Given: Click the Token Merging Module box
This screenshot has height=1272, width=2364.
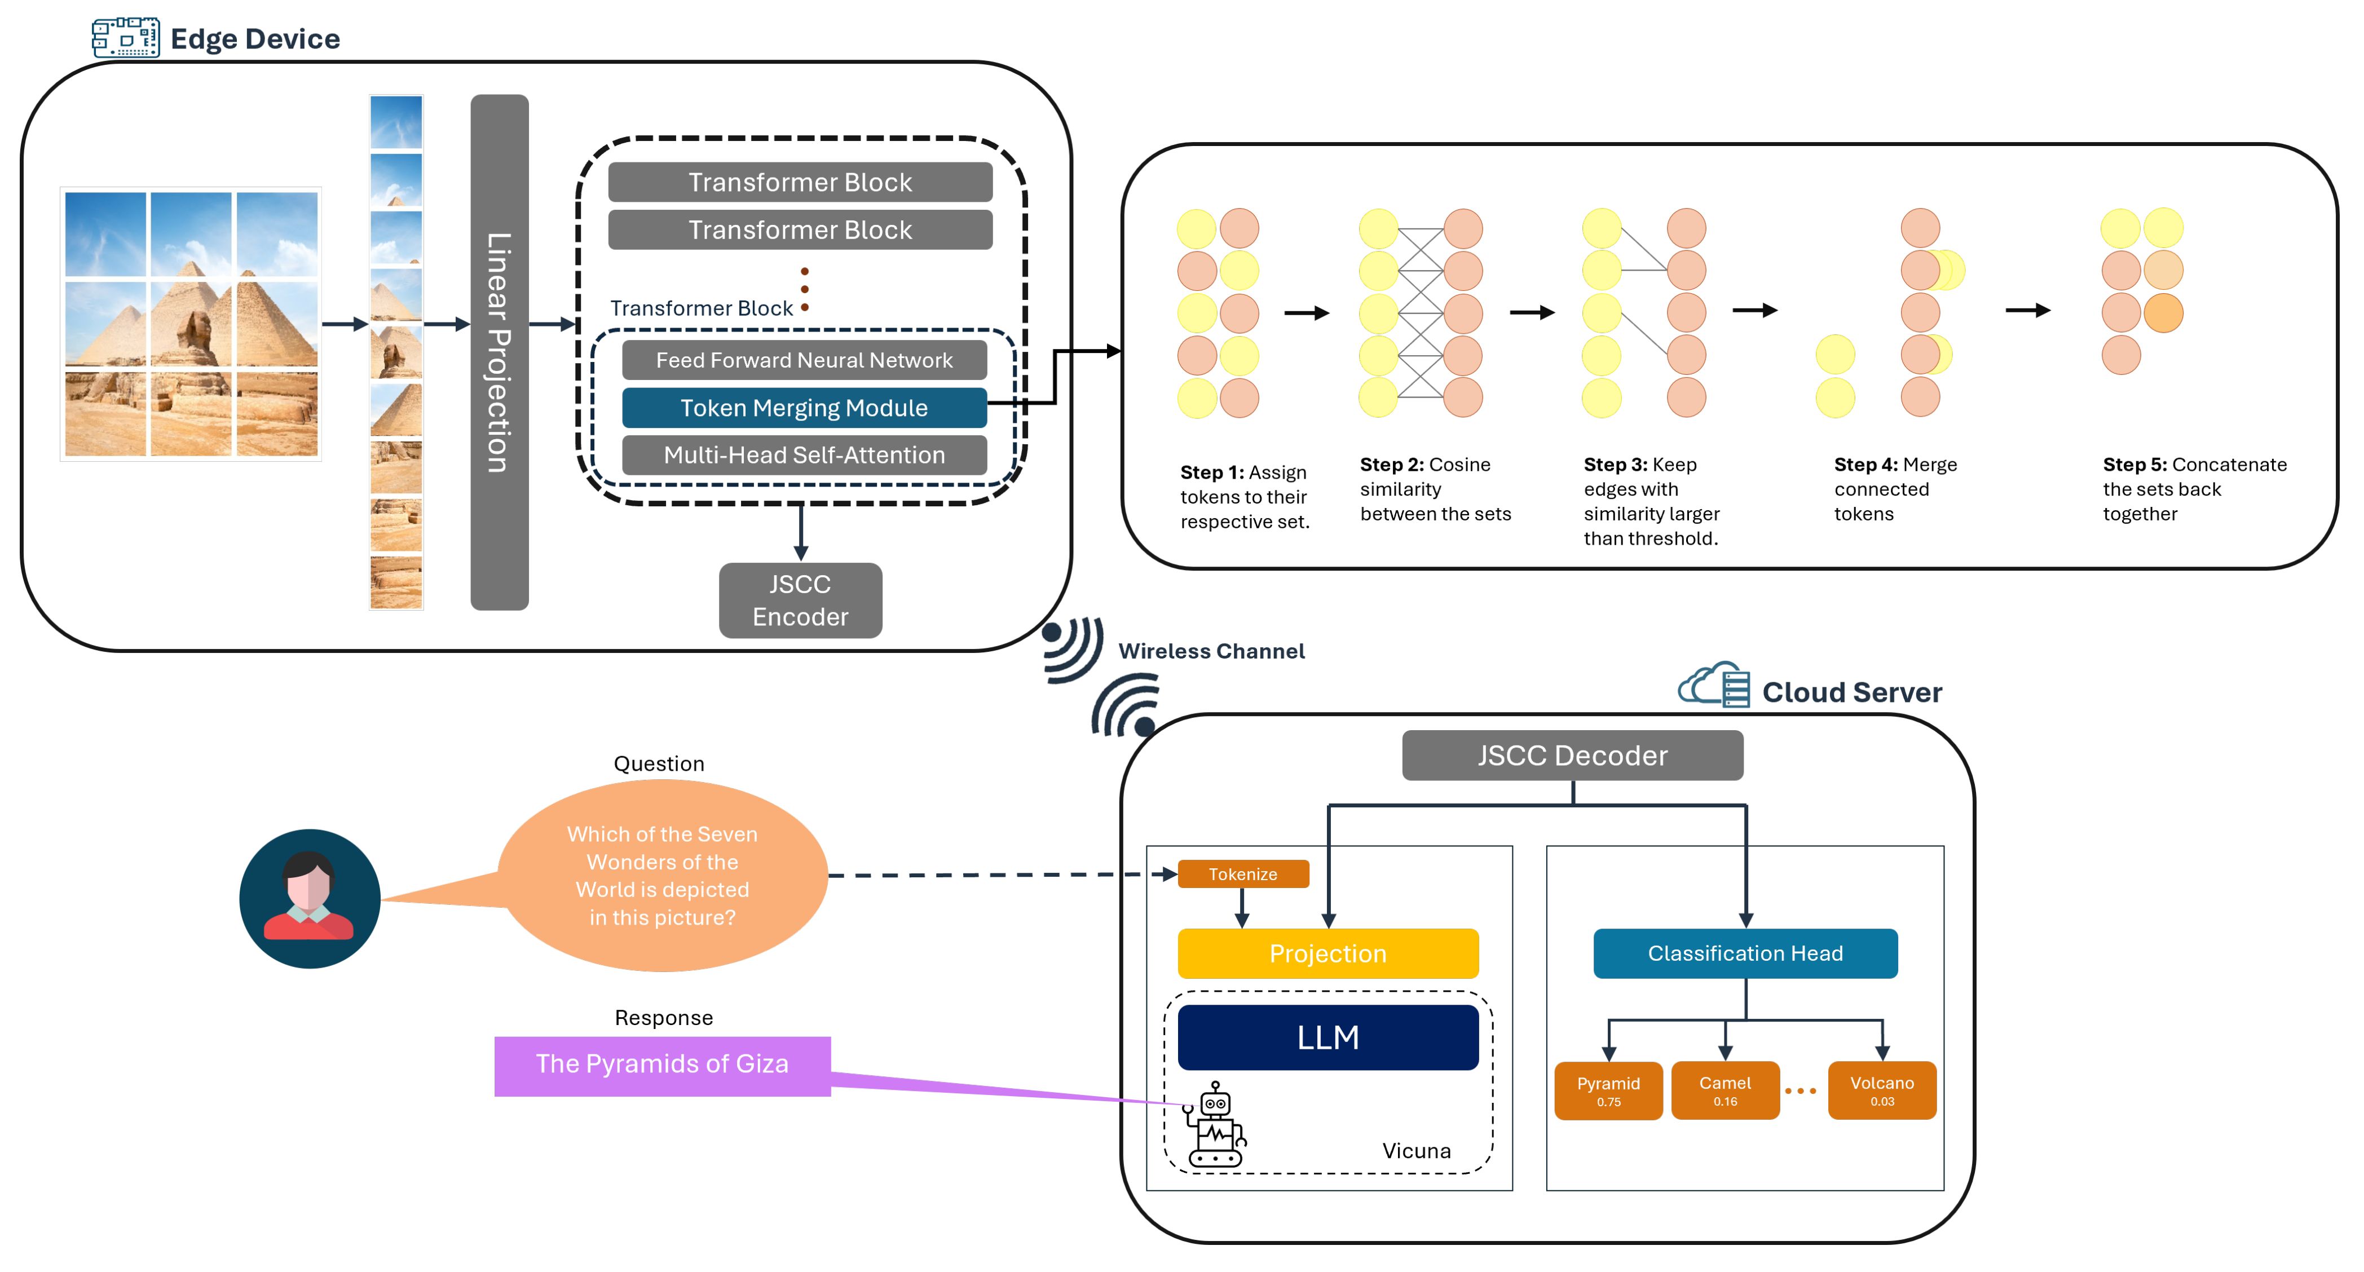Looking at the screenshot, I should click(x=804, y=408).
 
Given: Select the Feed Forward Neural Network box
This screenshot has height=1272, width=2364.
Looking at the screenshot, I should click(x=804, y=360).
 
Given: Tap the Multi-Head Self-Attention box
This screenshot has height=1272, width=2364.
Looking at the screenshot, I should click(x=804, y=455).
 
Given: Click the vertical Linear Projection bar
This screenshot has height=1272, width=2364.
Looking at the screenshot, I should click(x=499, y=352).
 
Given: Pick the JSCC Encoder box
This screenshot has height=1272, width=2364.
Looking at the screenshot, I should click(x=800, y=600).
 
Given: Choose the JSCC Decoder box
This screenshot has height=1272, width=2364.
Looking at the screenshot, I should click(x=1572, y=756).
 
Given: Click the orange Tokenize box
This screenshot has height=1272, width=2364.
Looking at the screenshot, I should click(x=1242, y=874).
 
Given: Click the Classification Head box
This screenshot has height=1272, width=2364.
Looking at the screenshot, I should click(x=1745, y=953).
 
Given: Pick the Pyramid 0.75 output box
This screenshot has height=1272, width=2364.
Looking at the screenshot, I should click(x=1608, y=1090).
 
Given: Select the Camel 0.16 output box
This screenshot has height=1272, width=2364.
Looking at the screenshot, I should click(x=1725, y=1090).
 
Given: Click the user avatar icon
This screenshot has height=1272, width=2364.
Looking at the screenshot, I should click(x=309, y=899).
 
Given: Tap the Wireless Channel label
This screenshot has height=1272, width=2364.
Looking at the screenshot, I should click(x=1210, y=651).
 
